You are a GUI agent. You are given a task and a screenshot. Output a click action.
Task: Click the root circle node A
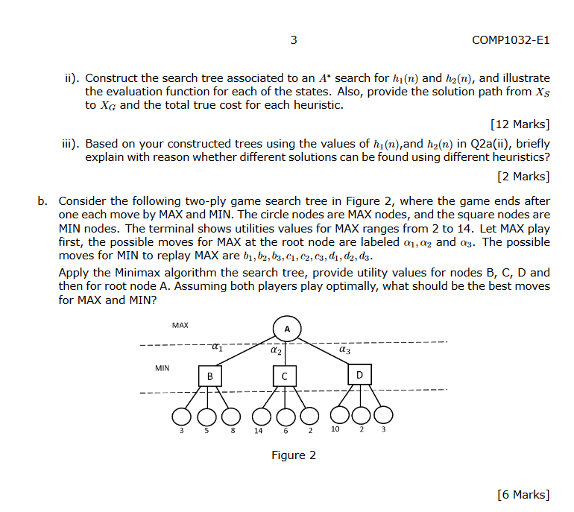click(286, 329)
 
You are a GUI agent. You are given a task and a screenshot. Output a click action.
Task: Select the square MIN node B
click(209, 376)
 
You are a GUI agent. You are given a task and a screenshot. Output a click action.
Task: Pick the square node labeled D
click(359, 374)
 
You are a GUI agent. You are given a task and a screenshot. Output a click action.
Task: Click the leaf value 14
click(258, 432)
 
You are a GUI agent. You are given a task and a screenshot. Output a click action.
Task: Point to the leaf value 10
click(336, 431)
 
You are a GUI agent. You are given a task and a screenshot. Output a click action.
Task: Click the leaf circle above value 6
click(284, 414)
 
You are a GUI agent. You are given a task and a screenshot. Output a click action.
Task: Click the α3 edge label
click(344, 348)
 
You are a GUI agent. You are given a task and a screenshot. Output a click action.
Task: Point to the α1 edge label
click(216, 347)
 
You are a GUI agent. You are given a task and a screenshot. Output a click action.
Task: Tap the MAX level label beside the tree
click(180, 326)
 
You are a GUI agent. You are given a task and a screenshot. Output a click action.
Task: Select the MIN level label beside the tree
click(163, 368)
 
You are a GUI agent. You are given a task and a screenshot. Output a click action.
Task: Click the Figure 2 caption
click(293, 455)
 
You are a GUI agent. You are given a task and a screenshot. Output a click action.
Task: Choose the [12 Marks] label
click(520, 124)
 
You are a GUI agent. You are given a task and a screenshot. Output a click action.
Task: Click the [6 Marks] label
click(523, 494)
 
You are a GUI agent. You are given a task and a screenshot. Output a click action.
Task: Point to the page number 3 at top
click(294, 39)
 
